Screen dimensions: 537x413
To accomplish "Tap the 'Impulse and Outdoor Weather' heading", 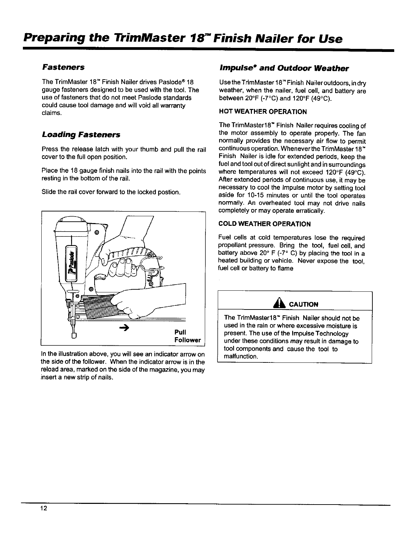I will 283,68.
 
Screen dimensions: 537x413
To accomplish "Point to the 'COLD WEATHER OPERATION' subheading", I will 264,224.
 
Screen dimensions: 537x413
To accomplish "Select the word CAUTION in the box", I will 303,304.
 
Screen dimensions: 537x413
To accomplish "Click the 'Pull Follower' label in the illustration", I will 187,336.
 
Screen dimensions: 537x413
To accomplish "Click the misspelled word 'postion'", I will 170,192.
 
